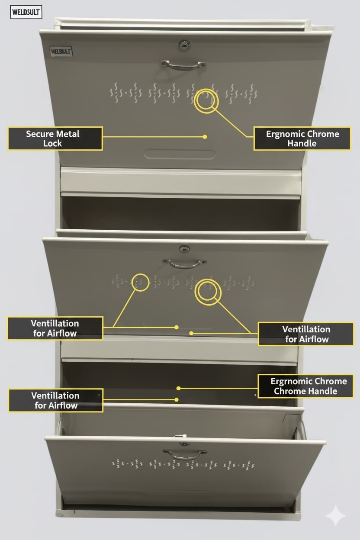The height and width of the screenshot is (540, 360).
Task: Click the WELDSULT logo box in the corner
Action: [x=26, y=12]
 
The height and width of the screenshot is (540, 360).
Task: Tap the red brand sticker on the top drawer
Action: [x=61, y=51]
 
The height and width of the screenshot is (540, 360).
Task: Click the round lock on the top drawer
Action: [x=184, y=45]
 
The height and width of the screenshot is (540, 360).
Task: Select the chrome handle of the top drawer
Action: [x=183, y=65]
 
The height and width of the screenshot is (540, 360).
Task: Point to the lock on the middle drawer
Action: [x=184, y=249]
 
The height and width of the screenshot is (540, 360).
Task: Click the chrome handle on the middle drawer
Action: [x=184, y=264]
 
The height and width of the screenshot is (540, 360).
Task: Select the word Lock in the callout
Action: [x=52, y=144]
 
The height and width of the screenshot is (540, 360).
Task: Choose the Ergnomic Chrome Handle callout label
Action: [x=302, y=138]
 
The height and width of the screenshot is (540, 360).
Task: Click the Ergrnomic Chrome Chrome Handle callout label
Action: [x=306, y=386]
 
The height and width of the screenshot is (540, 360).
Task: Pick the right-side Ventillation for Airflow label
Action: [x=306, y=334]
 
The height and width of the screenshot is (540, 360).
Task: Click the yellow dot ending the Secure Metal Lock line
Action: [x=205, y=137]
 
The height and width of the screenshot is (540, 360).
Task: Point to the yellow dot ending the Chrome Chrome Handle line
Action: [x=178, y=388]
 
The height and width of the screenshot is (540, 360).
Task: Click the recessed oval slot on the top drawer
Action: [x=180, y=154]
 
